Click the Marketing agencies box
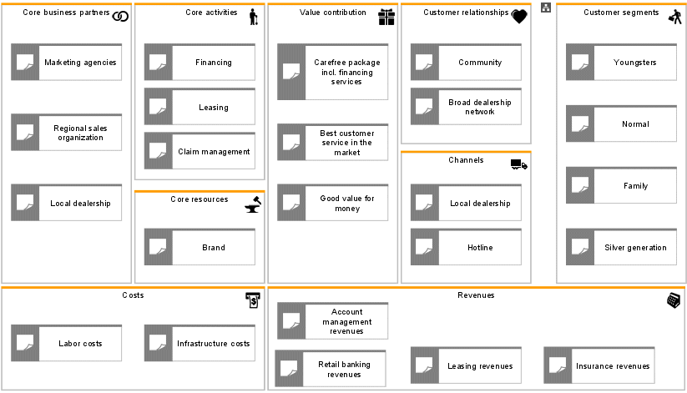tap(66, 62)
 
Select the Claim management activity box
tap(200, 151)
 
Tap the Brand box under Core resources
tap(200, 247)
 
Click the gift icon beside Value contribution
tap(386, 17)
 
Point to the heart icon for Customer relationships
tap(519, 17)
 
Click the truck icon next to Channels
tap(519, 164)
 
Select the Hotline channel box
tap(466, 247)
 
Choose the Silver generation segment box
tap(621, 247)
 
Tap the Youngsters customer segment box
tap(621, 62)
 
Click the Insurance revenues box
tap(599, 365)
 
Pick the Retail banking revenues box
tap(331, 369)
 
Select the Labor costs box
tap(66, 343)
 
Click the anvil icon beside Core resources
tap(253, 204)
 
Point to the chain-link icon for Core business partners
tap(120, 16)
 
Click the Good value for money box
tap(332, 203)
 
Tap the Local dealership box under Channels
tap(466, 203)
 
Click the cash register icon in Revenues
tap(674, 300)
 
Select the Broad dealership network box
tap(466, 107)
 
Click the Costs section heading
tap(133, 295)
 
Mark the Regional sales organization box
tap(66, 133)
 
